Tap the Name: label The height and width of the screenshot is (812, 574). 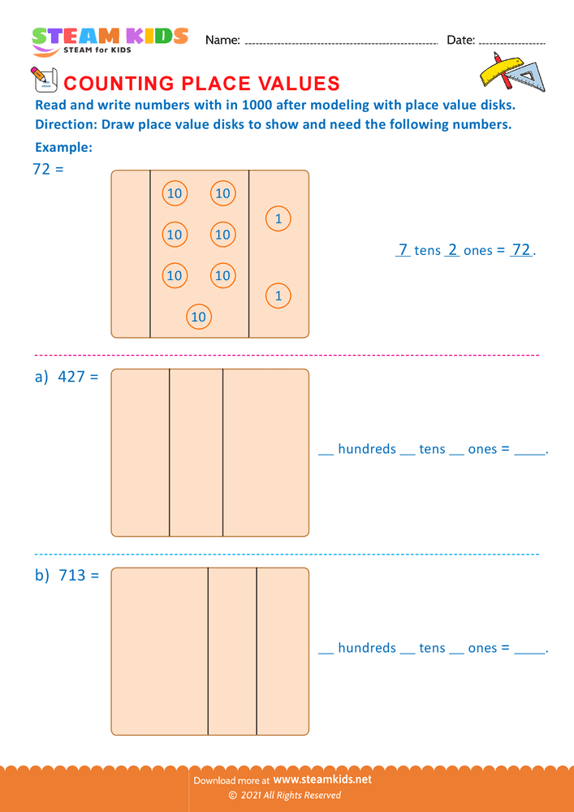pyautogui.click(x=222, y=40)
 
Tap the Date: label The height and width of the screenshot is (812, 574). pyautogui.click(x=460, y=40)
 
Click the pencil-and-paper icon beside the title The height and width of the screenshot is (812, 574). pyautogui.click(x=42, y=80)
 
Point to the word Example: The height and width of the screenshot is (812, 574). pyautogui.click(x=63, y=148)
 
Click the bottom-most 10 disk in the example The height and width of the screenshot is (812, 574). pyautogui.click(x=199, y=317)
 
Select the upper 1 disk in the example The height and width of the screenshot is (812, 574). pyautogui.click(x=278, y=218)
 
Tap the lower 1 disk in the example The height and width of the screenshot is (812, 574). pyautogui.click(x=278, y=296)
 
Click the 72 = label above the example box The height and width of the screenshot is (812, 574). pyautogui.click(x=47, y=170)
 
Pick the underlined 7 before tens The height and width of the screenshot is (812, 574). pyautogui.click(x=403, y=250)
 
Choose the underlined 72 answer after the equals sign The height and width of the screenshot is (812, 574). pyautogui.click(x=520, y=250)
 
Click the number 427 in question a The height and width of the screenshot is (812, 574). pyautogui.click(x=71, y=377)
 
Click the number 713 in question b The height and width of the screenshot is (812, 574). pyautogui.click(x=72, y=576)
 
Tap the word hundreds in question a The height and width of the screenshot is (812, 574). pyautogui.click(x=367, y=449)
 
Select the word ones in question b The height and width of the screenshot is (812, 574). pyautogui.click(x=482, y=648)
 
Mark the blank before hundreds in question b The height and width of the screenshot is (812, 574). pyautogui.click(x=326, y=650)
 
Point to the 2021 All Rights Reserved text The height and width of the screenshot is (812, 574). pyautogui.click(x=290, y=796)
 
